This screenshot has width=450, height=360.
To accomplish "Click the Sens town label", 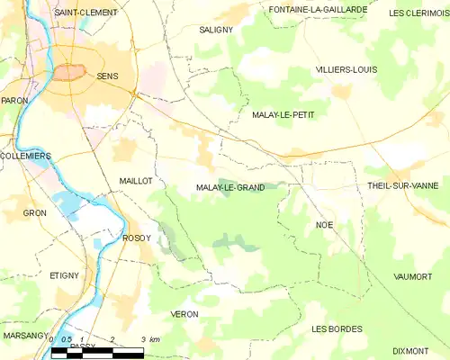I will pyautogui.click(x=107, y=77).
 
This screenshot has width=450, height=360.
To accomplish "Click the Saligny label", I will pyautogui.click(x=216, y=29).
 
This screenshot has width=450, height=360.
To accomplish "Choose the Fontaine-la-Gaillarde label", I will pyautogui.click(x=319, y=9).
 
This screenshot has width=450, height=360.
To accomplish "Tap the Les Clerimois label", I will pyautogui.click(x=418, y=13).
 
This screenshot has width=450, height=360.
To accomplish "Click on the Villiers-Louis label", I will pyautogui.click(x=346, y=69).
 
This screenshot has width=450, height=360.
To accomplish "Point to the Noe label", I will pyautogui.click(x=325, y=224).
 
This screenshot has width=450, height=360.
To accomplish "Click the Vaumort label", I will pyautogui.click(x=413, y=276).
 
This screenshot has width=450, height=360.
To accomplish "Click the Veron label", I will pyautogui.click(x=184, y=313).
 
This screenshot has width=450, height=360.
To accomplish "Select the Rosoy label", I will pyautogui.click(x=135, y=238).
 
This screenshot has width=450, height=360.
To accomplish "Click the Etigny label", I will pyautogui.click(x=65, y=275).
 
